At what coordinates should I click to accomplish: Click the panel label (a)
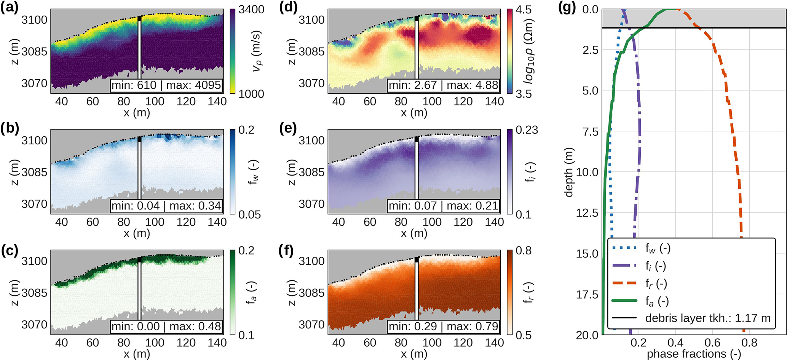pos(9,8)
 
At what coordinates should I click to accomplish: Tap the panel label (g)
pos(567,8)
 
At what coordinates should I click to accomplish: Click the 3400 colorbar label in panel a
pos(251,9)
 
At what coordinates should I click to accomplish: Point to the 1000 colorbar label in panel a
pos(251,94)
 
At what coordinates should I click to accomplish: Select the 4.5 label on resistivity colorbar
pos(524,9)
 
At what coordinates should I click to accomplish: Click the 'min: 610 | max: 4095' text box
pos(166,85)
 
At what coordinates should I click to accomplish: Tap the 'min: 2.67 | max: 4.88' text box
pos(444,85)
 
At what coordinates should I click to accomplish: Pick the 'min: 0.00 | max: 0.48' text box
pos(166,326)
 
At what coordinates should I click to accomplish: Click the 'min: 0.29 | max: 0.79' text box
pos(444,326)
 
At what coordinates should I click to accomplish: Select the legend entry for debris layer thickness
pos(707,318)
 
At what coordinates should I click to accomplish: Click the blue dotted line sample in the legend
pos(624,248)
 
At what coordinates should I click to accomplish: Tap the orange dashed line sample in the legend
pos(624,283)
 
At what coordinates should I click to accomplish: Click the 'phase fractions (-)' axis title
pos(694,354)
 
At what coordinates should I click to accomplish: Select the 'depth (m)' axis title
pos(569,172)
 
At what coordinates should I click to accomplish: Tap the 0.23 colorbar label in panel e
pos(527,130)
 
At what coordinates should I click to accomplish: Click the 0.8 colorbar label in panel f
pos(524,251)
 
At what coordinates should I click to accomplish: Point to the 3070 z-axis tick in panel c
pos(35,325)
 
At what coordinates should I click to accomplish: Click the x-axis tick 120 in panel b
pos(186,222)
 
